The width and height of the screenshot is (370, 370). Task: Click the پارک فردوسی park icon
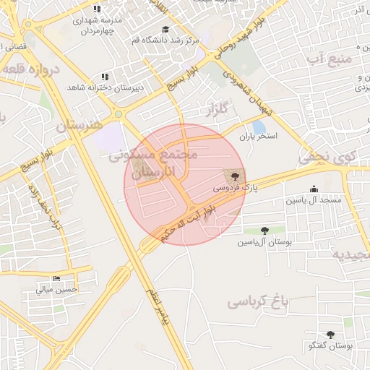233,176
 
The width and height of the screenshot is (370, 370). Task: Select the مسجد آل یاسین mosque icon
314,189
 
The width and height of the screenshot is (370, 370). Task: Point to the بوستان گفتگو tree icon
330,335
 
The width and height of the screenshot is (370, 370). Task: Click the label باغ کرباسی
257,301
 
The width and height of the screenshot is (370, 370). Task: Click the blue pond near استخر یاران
259,127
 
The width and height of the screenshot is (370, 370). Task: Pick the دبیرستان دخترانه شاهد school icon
106,77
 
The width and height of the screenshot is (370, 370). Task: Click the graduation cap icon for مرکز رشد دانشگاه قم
165,30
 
